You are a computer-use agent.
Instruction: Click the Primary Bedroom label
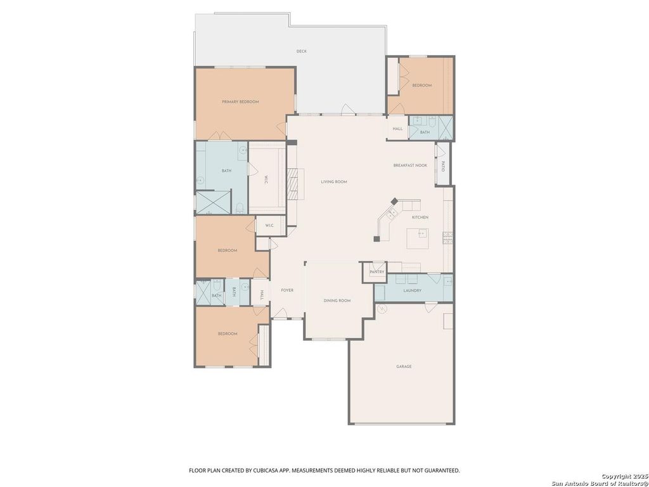point(240,102)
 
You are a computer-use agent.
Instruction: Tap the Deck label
point(301,51)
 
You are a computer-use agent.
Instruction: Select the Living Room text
point(334,182)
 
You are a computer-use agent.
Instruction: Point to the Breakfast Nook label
point(410,166)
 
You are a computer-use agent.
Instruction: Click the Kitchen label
point(420,218)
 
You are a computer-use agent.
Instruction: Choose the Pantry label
point(377,272)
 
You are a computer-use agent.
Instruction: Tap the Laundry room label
point(412,290)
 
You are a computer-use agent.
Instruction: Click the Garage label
point(404,367)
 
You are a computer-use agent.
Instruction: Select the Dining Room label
point(337,301)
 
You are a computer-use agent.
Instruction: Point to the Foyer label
point(287,290)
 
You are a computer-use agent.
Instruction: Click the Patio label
point(443,167)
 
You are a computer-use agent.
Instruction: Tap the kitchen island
point(417,238)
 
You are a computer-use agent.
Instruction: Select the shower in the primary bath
point(213,202)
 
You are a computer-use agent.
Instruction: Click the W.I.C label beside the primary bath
point(266,181)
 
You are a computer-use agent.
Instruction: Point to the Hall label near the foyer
point(262,295)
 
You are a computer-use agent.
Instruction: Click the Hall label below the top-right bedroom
point(398,129)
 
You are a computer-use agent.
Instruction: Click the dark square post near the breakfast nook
point(394,201)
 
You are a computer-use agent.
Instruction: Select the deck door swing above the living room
point(348,109)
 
